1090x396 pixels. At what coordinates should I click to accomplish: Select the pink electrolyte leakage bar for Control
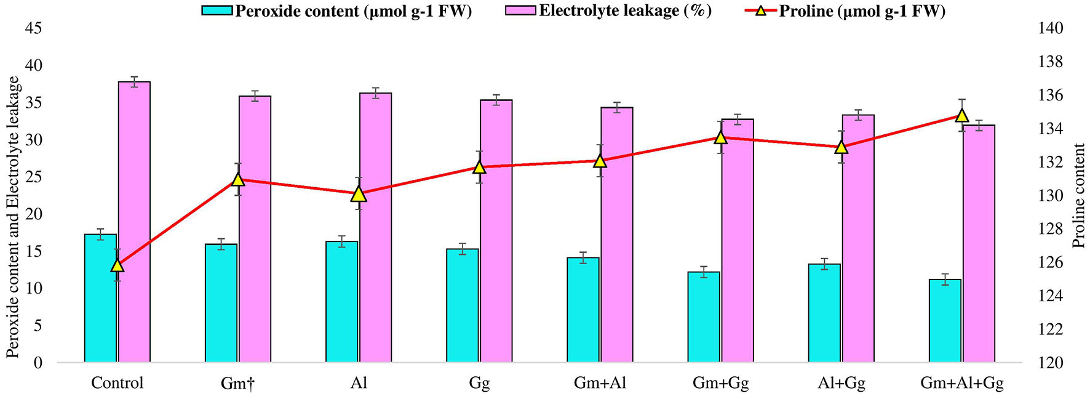click(134, 222)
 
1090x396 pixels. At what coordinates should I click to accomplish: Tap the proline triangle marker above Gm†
click(239, 179)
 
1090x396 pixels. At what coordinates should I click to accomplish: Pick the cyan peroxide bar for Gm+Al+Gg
click(945, 320)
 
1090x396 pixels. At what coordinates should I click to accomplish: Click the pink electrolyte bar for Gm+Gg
click(738, 240)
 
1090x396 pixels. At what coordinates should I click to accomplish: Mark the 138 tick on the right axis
click(1050, 62)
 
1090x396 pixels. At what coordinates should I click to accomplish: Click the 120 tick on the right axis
click(1050, 363)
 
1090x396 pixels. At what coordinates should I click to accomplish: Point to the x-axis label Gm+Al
click(600, 383)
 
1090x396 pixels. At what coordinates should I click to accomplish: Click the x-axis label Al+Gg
click(841, 383)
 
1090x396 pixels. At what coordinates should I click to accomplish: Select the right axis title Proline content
click(1079, 196)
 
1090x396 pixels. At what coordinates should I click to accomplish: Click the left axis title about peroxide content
click(13, 217)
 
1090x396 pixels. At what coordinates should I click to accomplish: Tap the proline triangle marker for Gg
click(480, 166)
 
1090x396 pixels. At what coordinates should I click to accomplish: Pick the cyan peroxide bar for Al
click(341, 302)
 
